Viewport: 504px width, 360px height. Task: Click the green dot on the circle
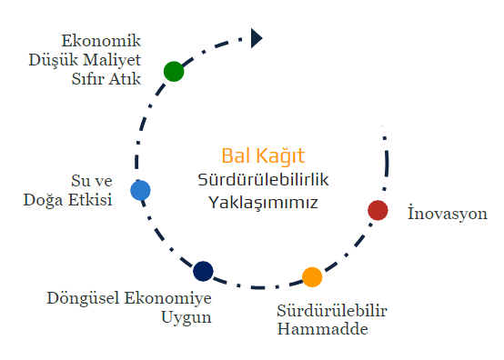174,71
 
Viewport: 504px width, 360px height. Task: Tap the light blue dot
140,190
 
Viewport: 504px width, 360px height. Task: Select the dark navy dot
203,272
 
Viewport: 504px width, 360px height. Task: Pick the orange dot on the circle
312,277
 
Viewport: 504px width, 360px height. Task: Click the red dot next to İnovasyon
378,210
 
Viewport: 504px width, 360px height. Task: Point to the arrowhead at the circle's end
257,38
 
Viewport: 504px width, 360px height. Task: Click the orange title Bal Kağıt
263,156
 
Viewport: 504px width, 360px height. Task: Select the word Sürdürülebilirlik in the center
263,179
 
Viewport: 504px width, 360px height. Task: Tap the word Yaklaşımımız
263,203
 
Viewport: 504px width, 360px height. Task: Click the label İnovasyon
448,213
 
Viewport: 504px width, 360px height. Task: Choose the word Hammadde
322,329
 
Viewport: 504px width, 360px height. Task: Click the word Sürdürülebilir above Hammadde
332,311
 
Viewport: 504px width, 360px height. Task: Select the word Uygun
186,317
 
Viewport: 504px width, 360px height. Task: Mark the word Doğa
43,200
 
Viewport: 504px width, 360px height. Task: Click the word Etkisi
90,199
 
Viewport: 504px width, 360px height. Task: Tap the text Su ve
92,181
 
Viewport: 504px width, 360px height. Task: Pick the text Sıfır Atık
106,79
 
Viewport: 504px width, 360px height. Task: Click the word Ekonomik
101,41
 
